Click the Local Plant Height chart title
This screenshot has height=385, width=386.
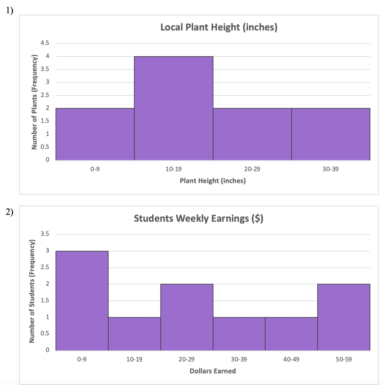219,27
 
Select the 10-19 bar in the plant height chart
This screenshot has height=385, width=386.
173,108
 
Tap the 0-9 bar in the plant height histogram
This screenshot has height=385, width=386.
95,134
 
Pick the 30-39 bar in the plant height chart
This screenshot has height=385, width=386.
331,134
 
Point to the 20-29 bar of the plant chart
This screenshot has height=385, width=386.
252,134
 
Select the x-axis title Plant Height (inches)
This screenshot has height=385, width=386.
213,181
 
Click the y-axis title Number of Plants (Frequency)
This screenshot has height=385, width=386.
34,102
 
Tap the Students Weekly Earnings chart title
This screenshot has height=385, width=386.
198,219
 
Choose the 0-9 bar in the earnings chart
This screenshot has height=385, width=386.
82,301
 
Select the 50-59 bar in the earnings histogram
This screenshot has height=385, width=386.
344,317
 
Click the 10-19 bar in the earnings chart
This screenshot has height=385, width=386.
134,334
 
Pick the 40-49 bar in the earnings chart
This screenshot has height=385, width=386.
291,334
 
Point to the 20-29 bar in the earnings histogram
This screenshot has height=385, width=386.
187,317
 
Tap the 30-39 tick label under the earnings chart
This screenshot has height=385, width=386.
239,359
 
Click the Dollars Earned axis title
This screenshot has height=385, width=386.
213,371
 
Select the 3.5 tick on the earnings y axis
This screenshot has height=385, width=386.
45,234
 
